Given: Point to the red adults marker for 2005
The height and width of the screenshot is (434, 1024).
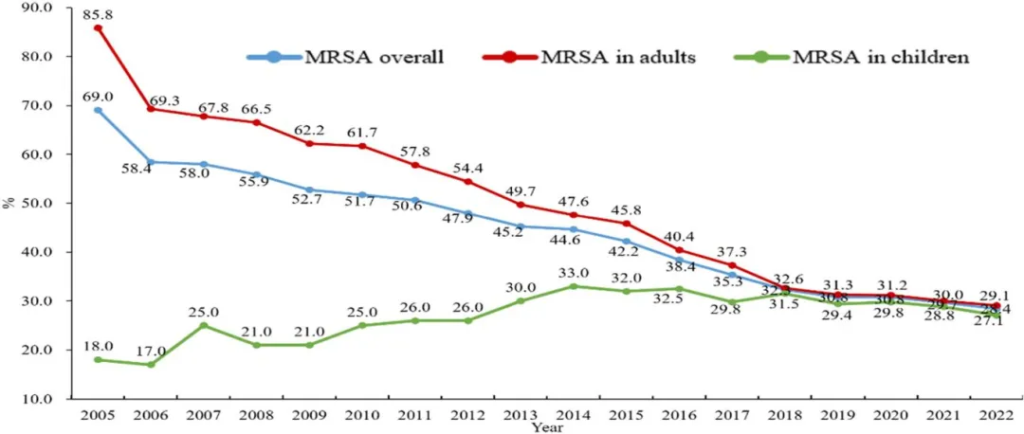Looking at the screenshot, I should click(98, 28).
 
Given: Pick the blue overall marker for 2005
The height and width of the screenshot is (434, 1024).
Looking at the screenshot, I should click(98, 110).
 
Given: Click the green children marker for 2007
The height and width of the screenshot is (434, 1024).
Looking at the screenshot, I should click(203, 325).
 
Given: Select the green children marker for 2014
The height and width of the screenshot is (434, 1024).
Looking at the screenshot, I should click(573, 286).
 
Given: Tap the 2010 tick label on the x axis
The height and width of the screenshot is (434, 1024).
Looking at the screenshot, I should click(361, 415).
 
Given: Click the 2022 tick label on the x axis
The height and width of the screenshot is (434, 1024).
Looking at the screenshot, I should click(995, 415).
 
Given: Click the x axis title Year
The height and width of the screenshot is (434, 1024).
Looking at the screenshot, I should click(546, 427).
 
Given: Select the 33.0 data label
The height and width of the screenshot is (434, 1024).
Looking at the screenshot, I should click(574, 273).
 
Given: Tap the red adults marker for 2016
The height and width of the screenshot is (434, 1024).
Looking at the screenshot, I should click(678, 250).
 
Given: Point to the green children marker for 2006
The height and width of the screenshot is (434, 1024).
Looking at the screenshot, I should click(151, 364).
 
